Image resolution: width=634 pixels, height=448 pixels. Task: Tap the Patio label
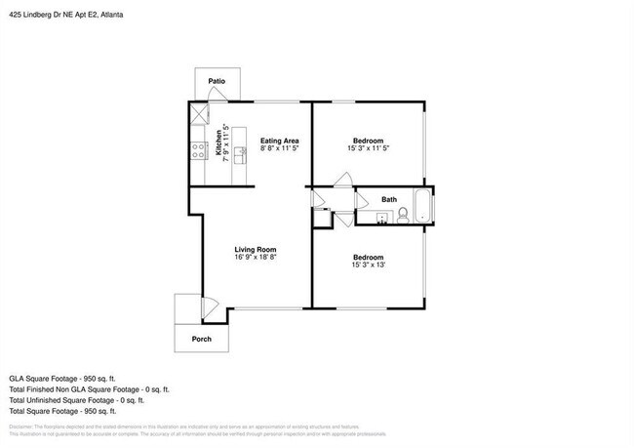tap(218, 82)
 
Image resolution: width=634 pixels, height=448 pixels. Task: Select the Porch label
tap(201, 339)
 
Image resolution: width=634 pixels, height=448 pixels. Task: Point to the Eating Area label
tap(279, 141)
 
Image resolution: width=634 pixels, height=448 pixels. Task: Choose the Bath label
tap(389, 199)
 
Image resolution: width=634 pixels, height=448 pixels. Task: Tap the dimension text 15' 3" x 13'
tap(370, 265)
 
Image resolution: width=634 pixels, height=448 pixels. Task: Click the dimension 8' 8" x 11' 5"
tap(279, 149)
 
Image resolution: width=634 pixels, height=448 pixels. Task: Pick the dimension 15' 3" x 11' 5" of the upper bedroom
tap(370, 149)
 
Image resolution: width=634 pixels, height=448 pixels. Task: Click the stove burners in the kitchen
tap(197, 149)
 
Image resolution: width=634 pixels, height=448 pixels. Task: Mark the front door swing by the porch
tap(207, 305)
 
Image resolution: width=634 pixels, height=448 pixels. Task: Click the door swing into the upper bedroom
tap(340, 180)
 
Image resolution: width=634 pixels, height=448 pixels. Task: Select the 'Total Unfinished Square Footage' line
tap(77, 399)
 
